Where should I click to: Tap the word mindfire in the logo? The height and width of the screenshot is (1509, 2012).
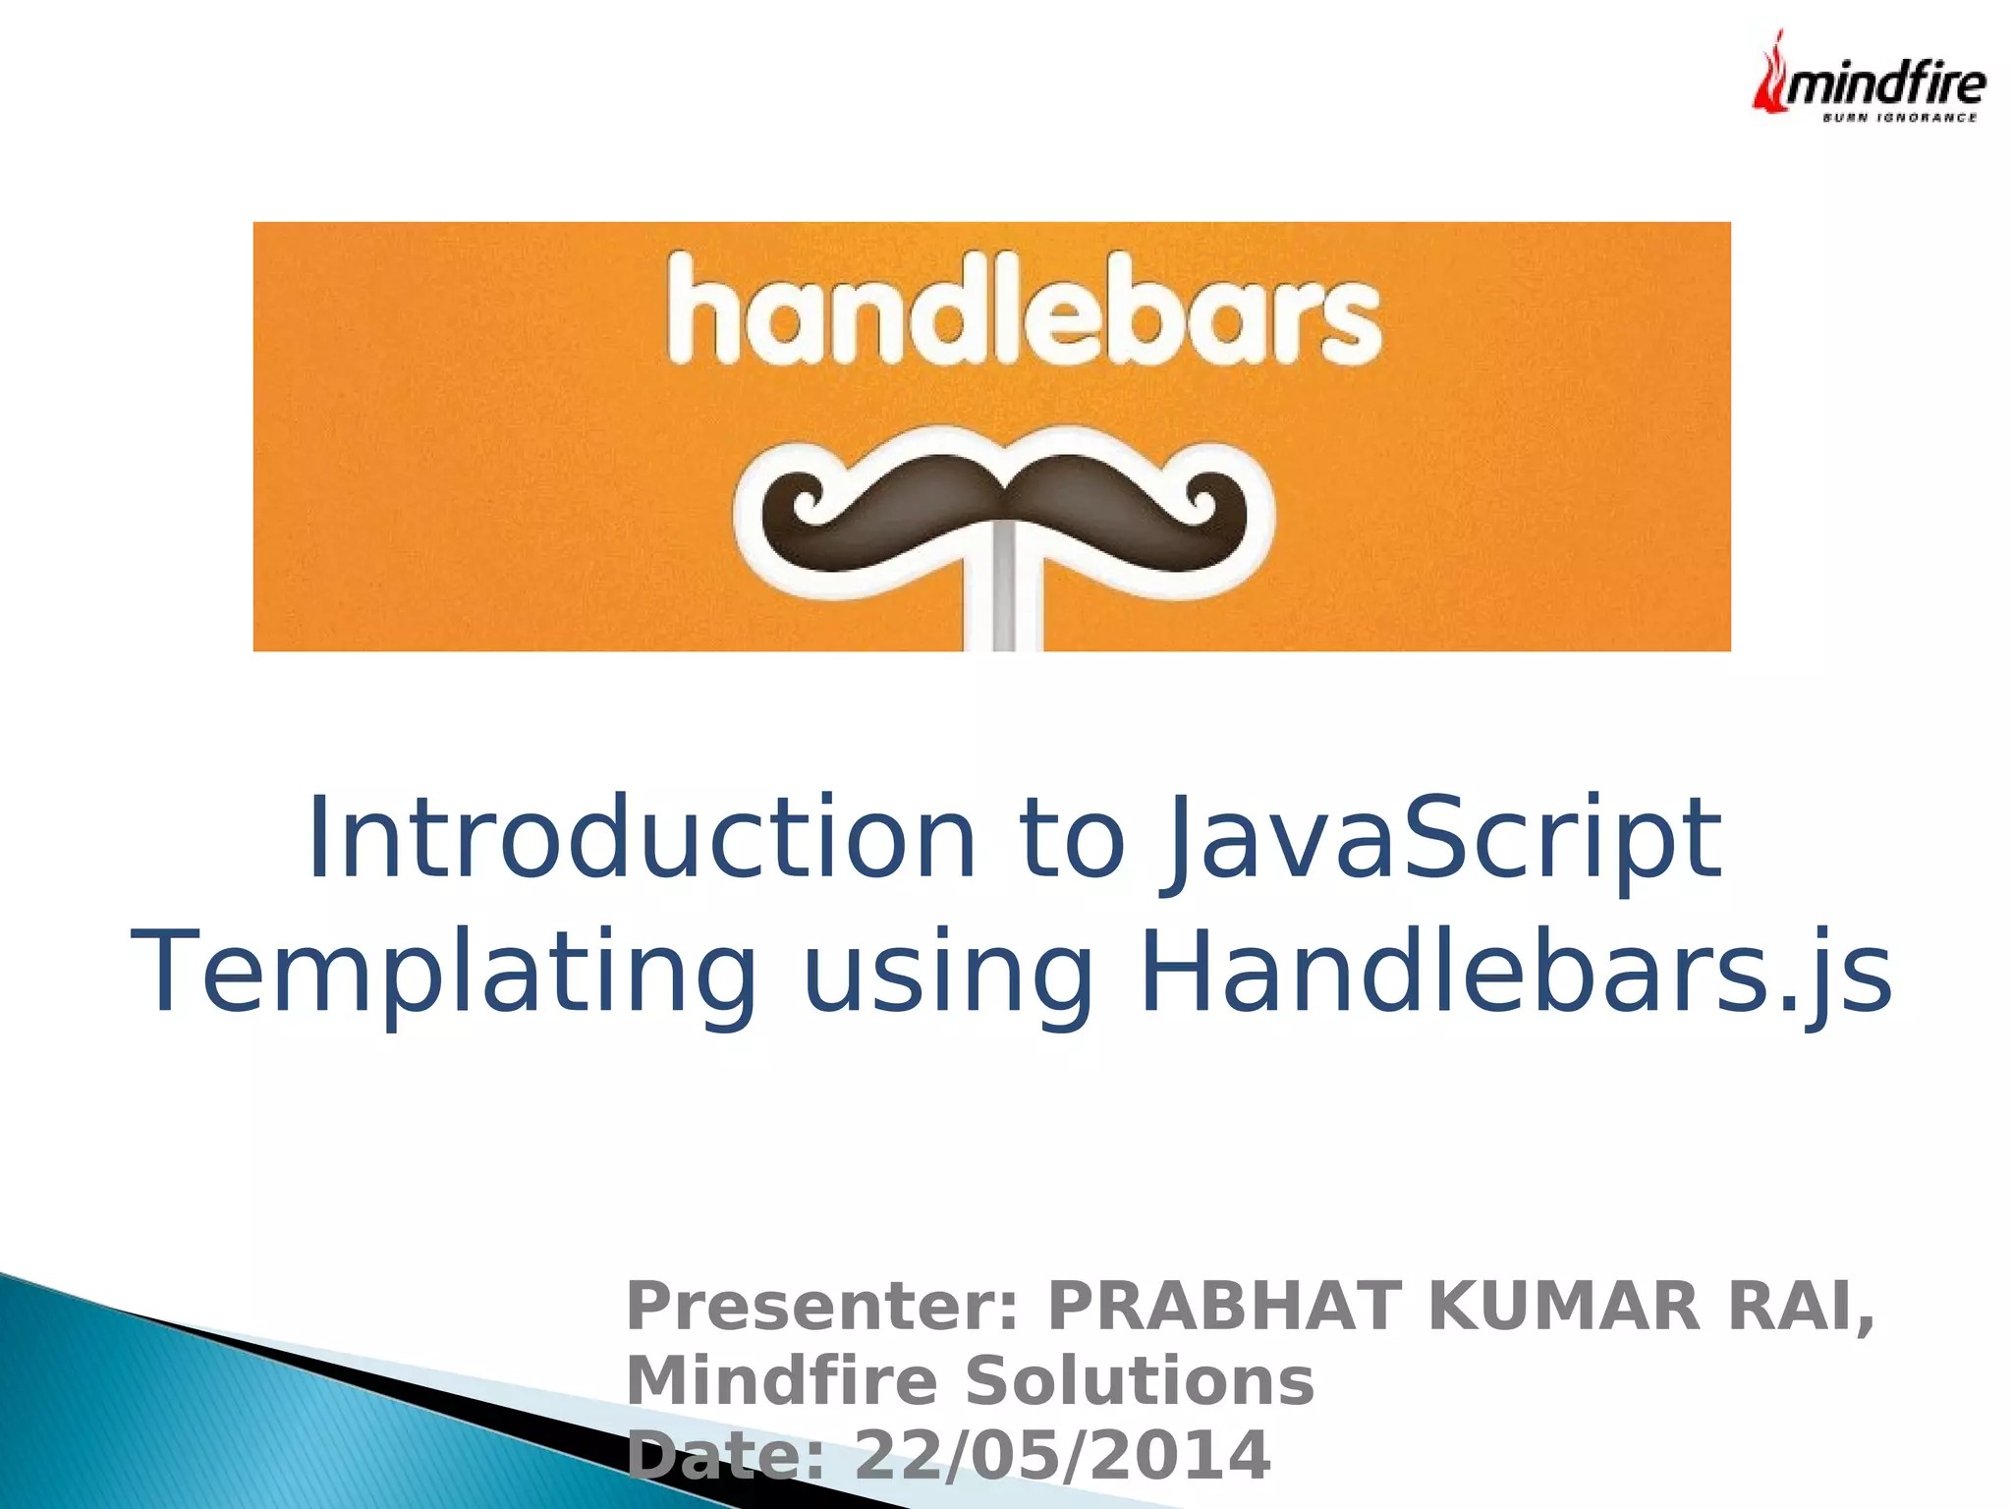coord(1885,84)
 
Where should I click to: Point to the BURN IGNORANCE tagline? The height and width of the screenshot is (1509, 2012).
coord(1899,118)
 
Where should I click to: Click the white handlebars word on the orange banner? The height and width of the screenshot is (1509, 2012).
coord(1024,309)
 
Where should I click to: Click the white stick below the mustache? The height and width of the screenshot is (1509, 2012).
coord(1003,599)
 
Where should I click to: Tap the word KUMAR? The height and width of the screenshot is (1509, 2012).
coord(1563,1306)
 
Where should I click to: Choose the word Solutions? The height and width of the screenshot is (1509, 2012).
coord(1140,1380)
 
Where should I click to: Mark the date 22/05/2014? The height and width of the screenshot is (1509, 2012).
coord(1062,1455)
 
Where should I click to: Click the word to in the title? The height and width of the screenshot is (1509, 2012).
coord(1072,838)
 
